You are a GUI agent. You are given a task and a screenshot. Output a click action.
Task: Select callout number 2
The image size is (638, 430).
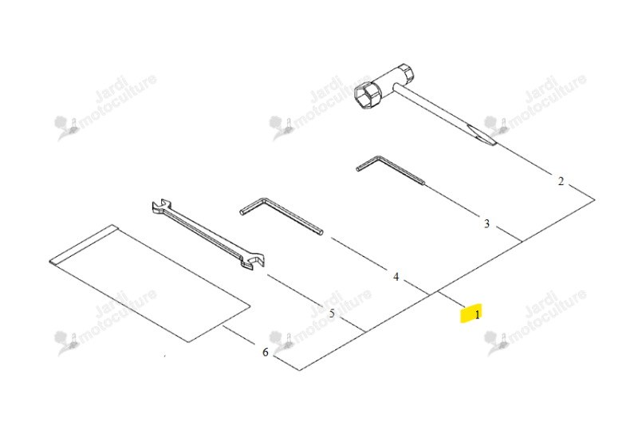(x=561, y=181)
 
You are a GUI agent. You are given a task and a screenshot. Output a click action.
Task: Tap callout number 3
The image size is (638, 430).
(x=486, y=223)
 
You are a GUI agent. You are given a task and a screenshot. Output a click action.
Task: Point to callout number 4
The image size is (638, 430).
(x=396, y=277)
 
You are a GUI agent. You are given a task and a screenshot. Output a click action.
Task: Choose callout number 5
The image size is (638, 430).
(x=332, y=314)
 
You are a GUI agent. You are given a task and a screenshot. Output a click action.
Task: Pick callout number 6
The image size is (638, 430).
(x=266, y=352)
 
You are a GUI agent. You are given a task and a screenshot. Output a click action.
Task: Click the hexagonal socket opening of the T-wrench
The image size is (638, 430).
(x=365, y=97)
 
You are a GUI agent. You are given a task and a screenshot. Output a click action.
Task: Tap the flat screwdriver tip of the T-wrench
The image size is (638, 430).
(x=482, y=135)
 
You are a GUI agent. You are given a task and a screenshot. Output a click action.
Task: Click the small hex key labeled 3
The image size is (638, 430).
(x=390, y=168)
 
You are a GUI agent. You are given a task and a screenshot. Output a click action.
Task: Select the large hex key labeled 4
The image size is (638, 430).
(x=281, y=215)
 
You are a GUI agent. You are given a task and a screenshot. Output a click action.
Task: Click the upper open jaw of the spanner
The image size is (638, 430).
(x=159, y=206)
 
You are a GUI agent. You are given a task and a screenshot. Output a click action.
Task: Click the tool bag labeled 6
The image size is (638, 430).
(x=149, y=283)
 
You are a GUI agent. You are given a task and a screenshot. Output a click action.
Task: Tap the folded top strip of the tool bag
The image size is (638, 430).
(x=84, y=244)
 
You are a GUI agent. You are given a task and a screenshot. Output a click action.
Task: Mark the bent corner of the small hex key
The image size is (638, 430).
(x=380, y=157)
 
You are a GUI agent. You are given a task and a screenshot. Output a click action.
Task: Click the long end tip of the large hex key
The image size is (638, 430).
(x=321, y=232)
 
